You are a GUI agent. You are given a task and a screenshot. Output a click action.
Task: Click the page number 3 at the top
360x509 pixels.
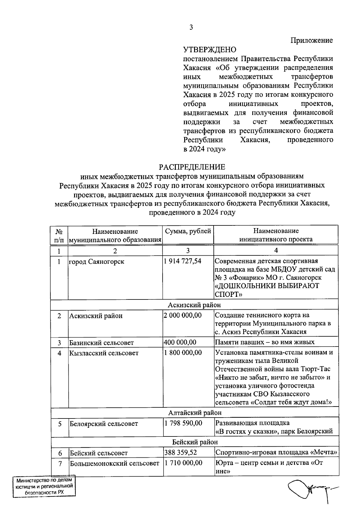[x=191, y=28]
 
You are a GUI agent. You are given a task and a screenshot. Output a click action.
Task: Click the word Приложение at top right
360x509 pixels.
[x=312, y=40]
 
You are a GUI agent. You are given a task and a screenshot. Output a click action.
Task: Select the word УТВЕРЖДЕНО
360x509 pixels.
[x=210, y=49]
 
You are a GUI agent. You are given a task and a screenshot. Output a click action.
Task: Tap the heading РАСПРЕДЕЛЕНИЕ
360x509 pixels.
[x=192, y=167]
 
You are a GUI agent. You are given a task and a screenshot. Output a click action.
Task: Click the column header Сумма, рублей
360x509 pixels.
[x=188, y=231]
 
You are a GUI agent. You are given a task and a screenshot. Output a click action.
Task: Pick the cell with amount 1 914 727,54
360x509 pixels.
[x=182, y=261]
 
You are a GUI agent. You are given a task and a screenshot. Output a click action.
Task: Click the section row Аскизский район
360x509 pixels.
[x=194, y=305]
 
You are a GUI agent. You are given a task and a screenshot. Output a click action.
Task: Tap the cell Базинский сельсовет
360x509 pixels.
[x=101, y=343]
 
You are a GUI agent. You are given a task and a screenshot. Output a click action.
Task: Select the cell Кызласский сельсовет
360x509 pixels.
[x=104, y=353]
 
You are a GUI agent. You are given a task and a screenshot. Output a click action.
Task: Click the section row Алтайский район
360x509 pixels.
[x=195, y=413]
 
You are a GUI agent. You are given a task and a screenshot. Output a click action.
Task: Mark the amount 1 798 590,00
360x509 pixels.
[x=183, y=423]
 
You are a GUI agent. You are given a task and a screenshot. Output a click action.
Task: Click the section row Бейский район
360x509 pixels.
[x=195, y=442]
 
